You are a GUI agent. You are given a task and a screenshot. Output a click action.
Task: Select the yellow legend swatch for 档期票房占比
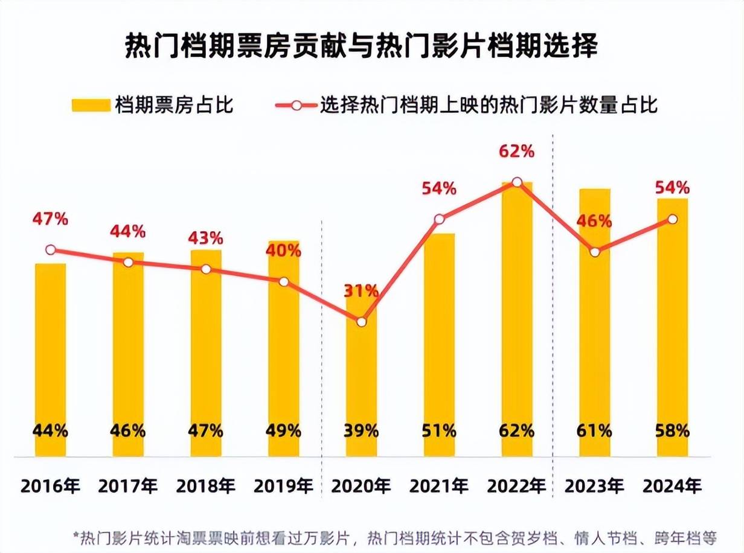click(x=90, y=105)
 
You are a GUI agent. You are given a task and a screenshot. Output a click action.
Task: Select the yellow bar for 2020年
click(x=362, y=386)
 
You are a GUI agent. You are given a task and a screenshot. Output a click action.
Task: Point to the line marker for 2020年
click(x=362, y=322)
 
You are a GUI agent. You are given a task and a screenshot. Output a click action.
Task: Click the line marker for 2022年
click(x=517, y=182)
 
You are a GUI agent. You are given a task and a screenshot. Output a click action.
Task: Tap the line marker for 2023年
click(x=595, y=252)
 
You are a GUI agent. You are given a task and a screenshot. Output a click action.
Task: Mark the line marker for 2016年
click(x=51, y=250)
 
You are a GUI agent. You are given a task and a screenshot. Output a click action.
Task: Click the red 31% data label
click(x=361, y=291)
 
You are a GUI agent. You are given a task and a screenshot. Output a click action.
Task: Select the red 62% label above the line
click(x=517, y=151)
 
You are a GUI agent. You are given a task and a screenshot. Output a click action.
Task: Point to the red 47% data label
click(x=51, y=219)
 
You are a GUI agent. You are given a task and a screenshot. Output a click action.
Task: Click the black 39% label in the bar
click(x=361, y=431)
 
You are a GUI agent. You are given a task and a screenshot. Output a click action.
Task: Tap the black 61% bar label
click(x=595, y=431)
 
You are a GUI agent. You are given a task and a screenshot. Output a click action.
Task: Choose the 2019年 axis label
click(x=284, y=486)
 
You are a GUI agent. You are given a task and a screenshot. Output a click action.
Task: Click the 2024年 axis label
click(x=672, y=486)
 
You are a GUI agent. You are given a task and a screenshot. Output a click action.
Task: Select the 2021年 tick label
click(x=439, y=486)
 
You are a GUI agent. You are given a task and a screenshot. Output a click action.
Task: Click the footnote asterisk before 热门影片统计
click(x=76, y=535)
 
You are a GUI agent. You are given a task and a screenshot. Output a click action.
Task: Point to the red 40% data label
click(x=284, y=251)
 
